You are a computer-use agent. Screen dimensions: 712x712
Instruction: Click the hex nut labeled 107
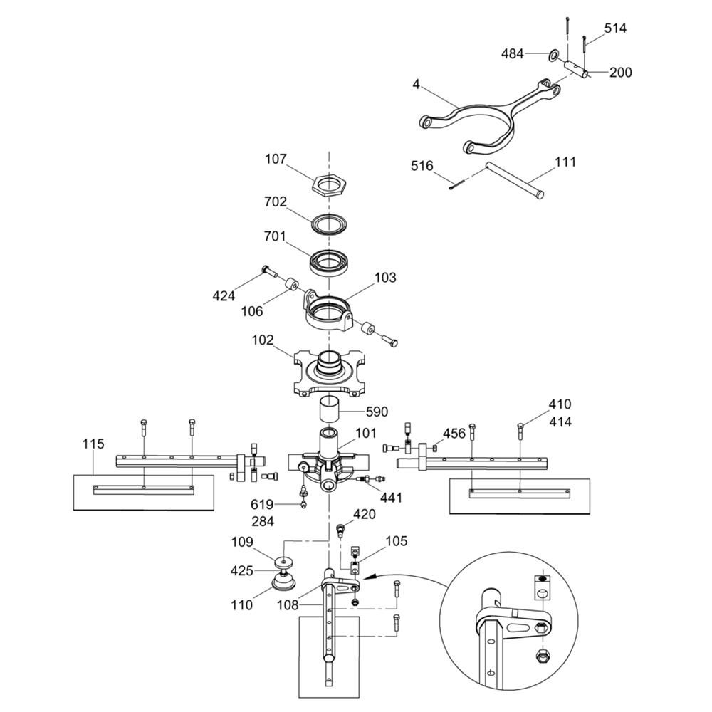[328, 187]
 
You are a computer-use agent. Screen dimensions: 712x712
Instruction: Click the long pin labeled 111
[513, 180]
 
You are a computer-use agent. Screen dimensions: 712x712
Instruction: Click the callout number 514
[616, 28]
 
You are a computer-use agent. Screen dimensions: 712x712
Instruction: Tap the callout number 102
[262, 340]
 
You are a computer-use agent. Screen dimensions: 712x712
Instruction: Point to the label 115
[93, 444]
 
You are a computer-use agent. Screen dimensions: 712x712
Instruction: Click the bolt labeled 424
[267, 271]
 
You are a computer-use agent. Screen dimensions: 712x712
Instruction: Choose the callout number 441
[391, 498]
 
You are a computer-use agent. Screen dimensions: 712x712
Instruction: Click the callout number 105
[397, 542]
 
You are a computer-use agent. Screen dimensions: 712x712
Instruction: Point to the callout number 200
[620, 72]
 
